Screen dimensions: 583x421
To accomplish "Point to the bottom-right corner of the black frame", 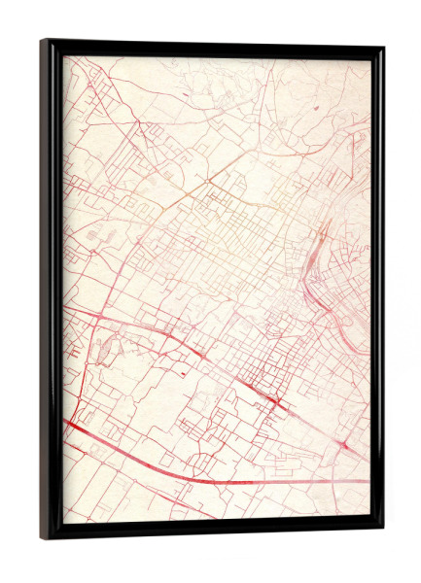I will coord(382,532).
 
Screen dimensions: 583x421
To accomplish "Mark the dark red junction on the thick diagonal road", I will coord(276,401).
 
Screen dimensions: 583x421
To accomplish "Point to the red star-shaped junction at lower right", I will coord(346,444).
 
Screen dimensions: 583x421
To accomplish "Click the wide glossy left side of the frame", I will coord(52,291).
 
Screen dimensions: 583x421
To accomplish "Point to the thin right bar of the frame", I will coord(378,291).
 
